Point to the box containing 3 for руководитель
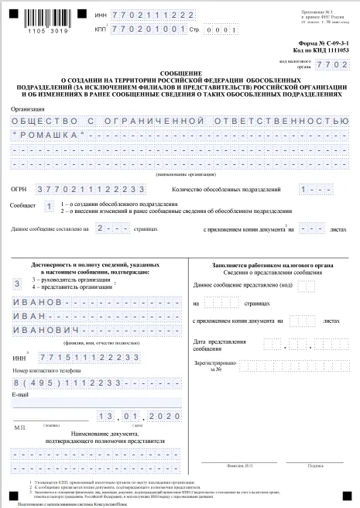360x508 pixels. coord(16,285)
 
